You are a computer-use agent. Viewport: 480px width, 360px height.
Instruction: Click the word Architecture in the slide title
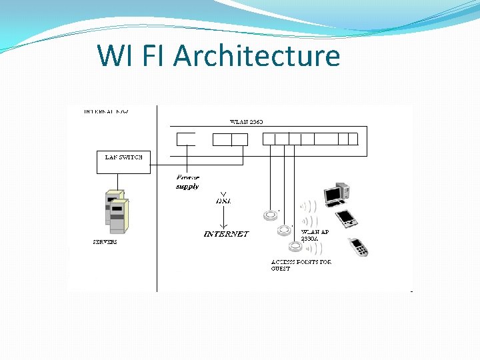click(257, 55)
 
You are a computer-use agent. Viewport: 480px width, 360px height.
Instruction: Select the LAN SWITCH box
click(124, 162)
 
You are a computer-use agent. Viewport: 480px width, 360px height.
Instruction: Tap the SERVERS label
click(105, 242)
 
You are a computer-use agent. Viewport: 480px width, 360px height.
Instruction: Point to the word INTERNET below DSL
click(226, 234)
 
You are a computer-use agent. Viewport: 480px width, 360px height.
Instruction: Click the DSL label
click(223, 200)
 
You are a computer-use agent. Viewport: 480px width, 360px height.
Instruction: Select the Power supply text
click(187, 182)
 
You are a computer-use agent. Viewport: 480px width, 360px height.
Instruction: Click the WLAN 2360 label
click(247, 122)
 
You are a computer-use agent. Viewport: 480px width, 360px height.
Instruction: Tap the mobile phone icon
click(359, 247)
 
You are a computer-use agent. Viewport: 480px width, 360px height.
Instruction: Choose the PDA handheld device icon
click(347, 218)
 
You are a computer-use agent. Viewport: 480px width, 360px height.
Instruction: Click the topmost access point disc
click(270, 215)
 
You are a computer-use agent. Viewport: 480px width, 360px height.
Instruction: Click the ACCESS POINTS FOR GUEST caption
click(301, 265)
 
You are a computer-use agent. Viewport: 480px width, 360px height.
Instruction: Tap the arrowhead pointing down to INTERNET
click(224, 224)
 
